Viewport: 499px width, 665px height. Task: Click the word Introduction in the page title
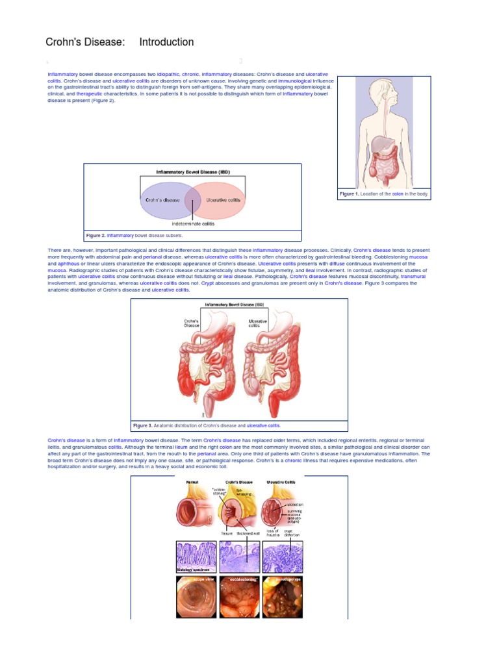166,42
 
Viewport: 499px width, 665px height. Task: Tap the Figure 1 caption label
349,194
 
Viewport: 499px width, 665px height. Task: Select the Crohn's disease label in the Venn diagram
162,200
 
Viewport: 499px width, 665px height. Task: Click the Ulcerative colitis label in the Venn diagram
223,200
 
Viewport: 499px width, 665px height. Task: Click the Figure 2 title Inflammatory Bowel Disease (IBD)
193,172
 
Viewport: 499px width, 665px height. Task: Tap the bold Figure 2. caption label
96,236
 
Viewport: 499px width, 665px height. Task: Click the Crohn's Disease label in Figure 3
192,323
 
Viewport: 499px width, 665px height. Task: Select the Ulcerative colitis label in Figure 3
258,323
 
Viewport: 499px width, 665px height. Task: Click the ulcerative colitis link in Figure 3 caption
263,426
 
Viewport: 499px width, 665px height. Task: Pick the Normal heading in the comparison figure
192,483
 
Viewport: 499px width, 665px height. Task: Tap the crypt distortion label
288,533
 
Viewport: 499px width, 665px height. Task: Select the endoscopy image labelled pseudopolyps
282,597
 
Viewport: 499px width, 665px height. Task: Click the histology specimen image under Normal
196,557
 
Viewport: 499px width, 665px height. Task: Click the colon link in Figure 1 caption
398,194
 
